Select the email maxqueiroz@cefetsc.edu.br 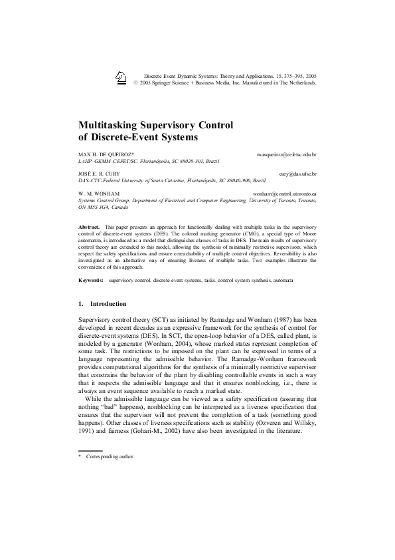(x=286, y=154)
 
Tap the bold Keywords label (x=91, y=281)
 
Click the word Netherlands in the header (x=299, y=84)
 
